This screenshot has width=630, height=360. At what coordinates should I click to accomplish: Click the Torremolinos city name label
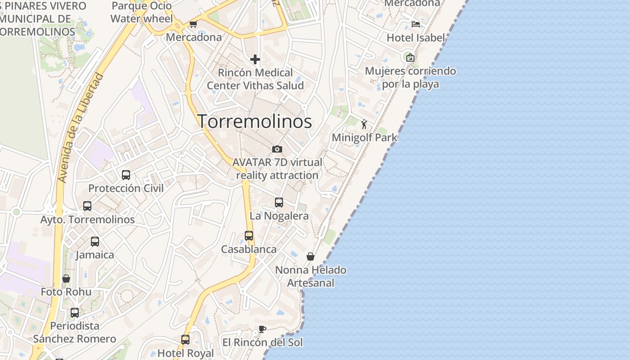[255, 121]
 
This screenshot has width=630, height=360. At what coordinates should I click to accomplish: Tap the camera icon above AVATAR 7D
[277, 149]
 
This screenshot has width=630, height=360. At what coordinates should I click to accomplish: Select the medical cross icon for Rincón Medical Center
[255, 59]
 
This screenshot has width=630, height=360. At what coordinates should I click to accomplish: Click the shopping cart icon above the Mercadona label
[193, 24]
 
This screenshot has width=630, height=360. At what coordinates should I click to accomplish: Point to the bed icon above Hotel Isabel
[415, 24]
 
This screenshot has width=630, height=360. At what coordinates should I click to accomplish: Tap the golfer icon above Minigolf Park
[364, 124]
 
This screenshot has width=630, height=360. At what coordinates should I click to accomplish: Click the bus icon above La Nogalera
[279, 202]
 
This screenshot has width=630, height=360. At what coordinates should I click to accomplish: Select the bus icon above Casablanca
[249, 235]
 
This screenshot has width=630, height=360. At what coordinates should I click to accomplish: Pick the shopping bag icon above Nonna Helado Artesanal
[310, 256]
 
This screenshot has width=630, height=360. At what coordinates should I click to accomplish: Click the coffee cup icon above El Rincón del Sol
[262, 329]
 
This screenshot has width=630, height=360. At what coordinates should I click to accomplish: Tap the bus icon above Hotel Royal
[185, 340]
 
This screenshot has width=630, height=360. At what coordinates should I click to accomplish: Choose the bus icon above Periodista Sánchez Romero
[75, 312]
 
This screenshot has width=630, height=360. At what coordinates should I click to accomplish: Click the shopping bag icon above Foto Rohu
[66, 279]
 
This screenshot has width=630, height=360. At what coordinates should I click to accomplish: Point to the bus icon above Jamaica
[95, 242]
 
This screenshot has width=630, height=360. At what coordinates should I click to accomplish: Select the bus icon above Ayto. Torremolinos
[87, 206]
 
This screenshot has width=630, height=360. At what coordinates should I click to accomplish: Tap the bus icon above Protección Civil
[126, 175]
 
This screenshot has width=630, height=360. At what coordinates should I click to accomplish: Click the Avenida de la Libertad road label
[81, 128]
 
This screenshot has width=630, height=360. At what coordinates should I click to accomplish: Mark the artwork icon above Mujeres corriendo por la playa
[410, 57]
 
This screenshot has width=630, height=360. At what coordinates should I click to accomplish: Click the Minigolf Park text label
[364, 137]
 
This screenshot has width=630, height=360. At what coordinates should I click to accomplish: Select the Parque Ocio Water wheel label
[142, 12]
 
